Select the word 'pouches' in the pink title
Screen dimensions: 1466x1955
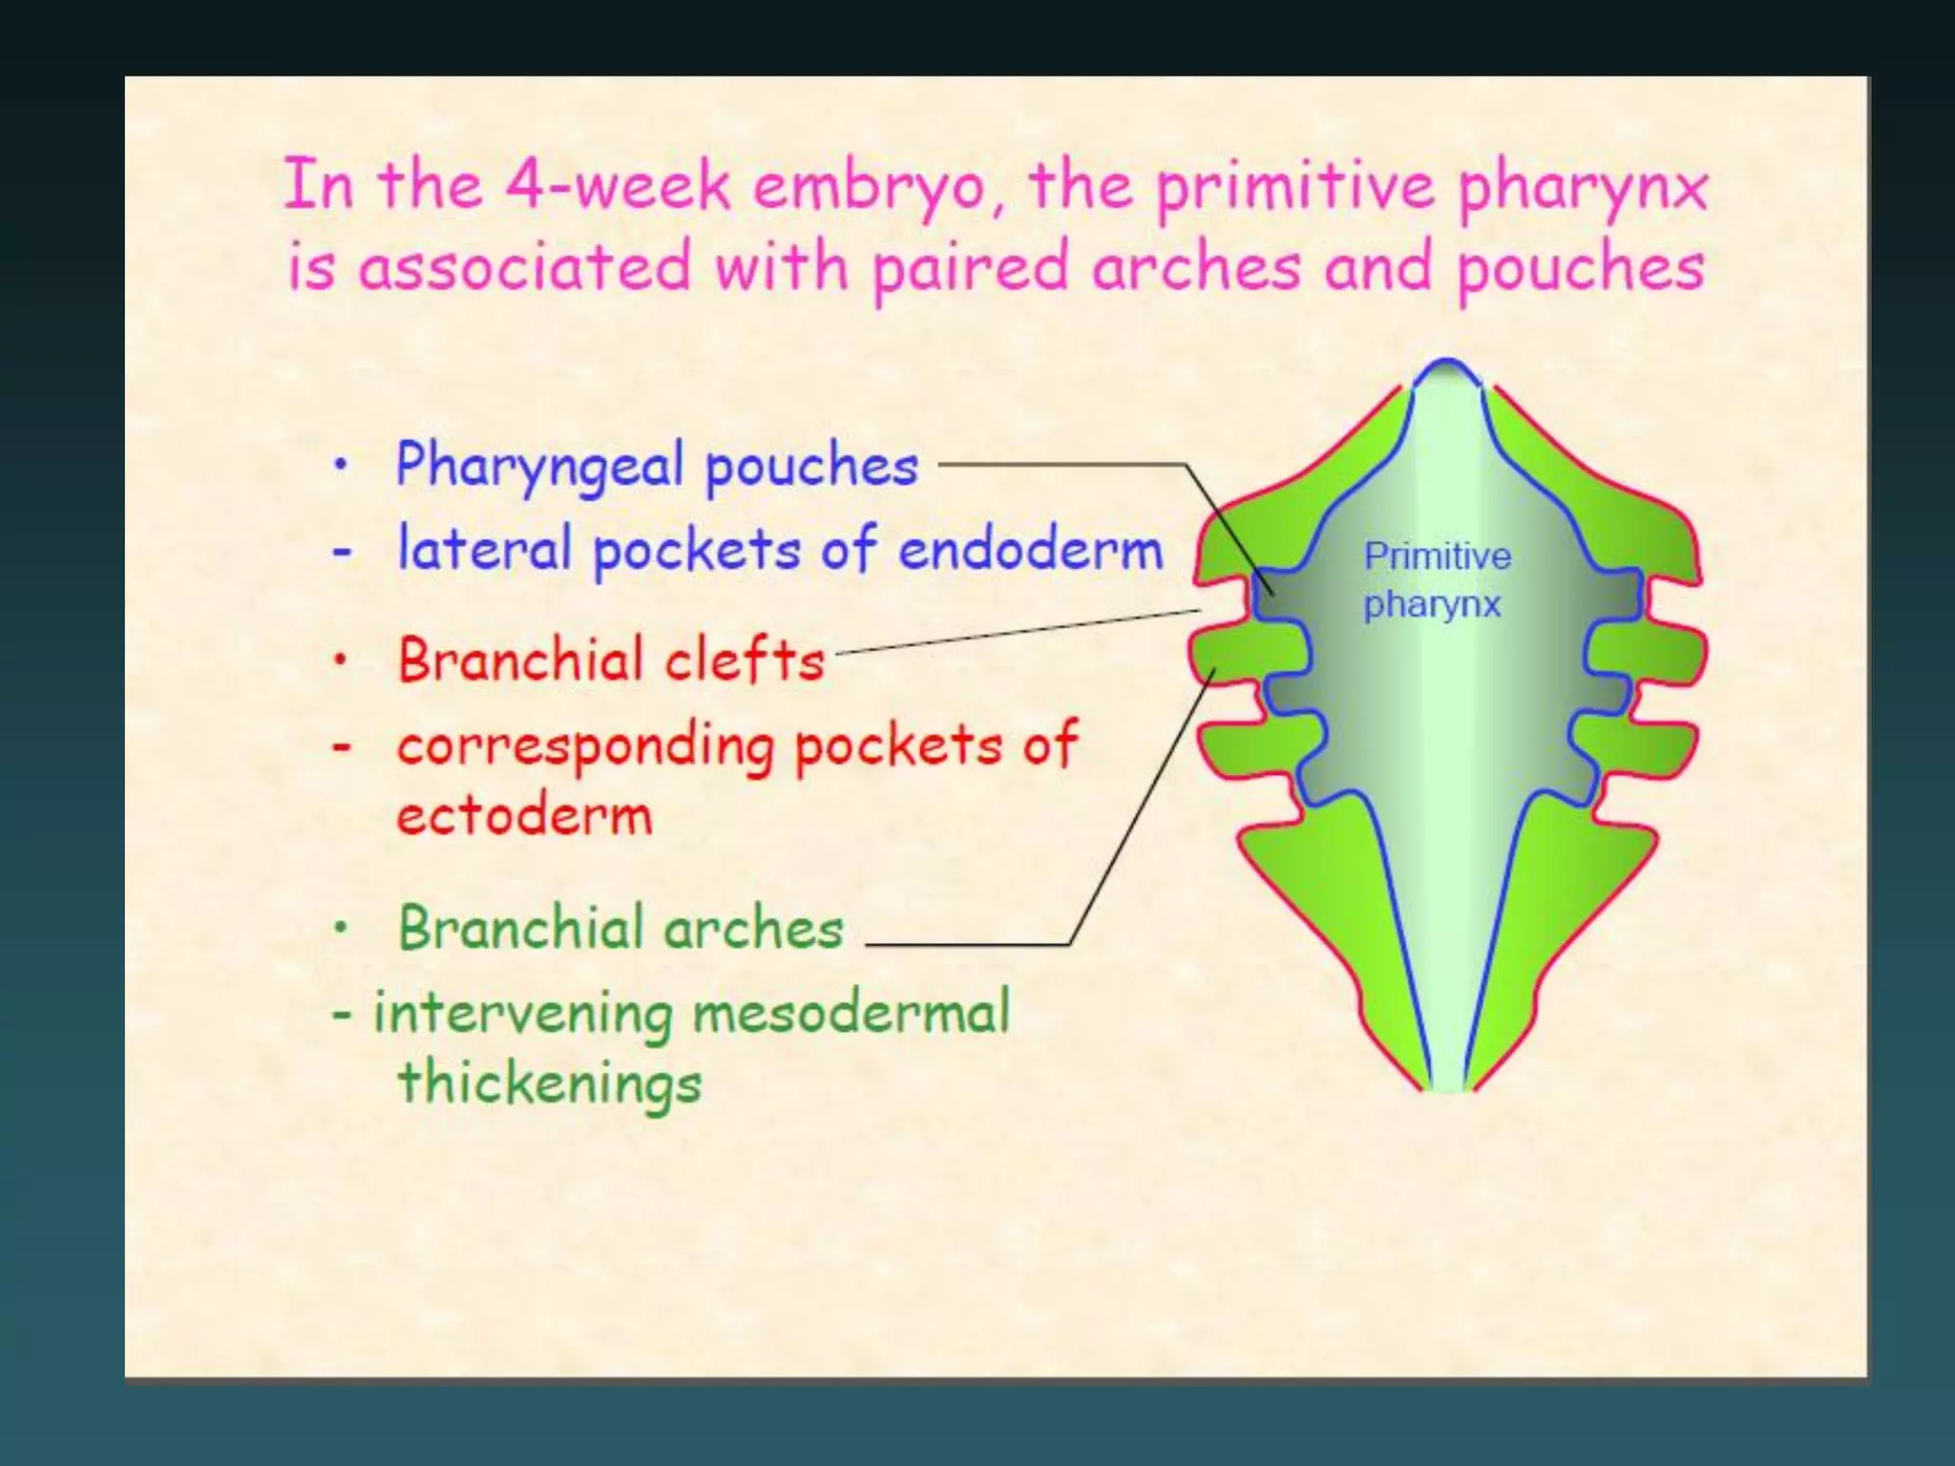[1580, 268]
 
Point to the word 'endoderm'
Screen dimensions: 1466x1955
[1030, 550]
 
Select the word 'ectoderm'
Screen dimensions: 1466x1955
[524, 816]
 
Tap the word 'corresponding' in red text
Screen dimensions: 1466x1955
[584, 747]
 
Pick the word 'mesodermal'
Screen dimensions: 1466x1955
[851, 1013]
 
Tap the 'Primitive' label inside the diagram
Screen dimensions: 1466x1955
[1437, 556]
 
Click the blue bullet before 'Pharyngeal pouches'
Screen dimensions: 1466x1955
[341, 466]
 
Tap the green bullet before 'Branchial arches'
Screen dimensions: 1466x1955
[341, 927]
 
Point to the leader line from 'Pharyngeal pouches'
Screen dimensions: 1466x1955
[1060, 465]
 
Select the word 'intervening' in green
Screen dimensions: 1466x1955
[522, 1013]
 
